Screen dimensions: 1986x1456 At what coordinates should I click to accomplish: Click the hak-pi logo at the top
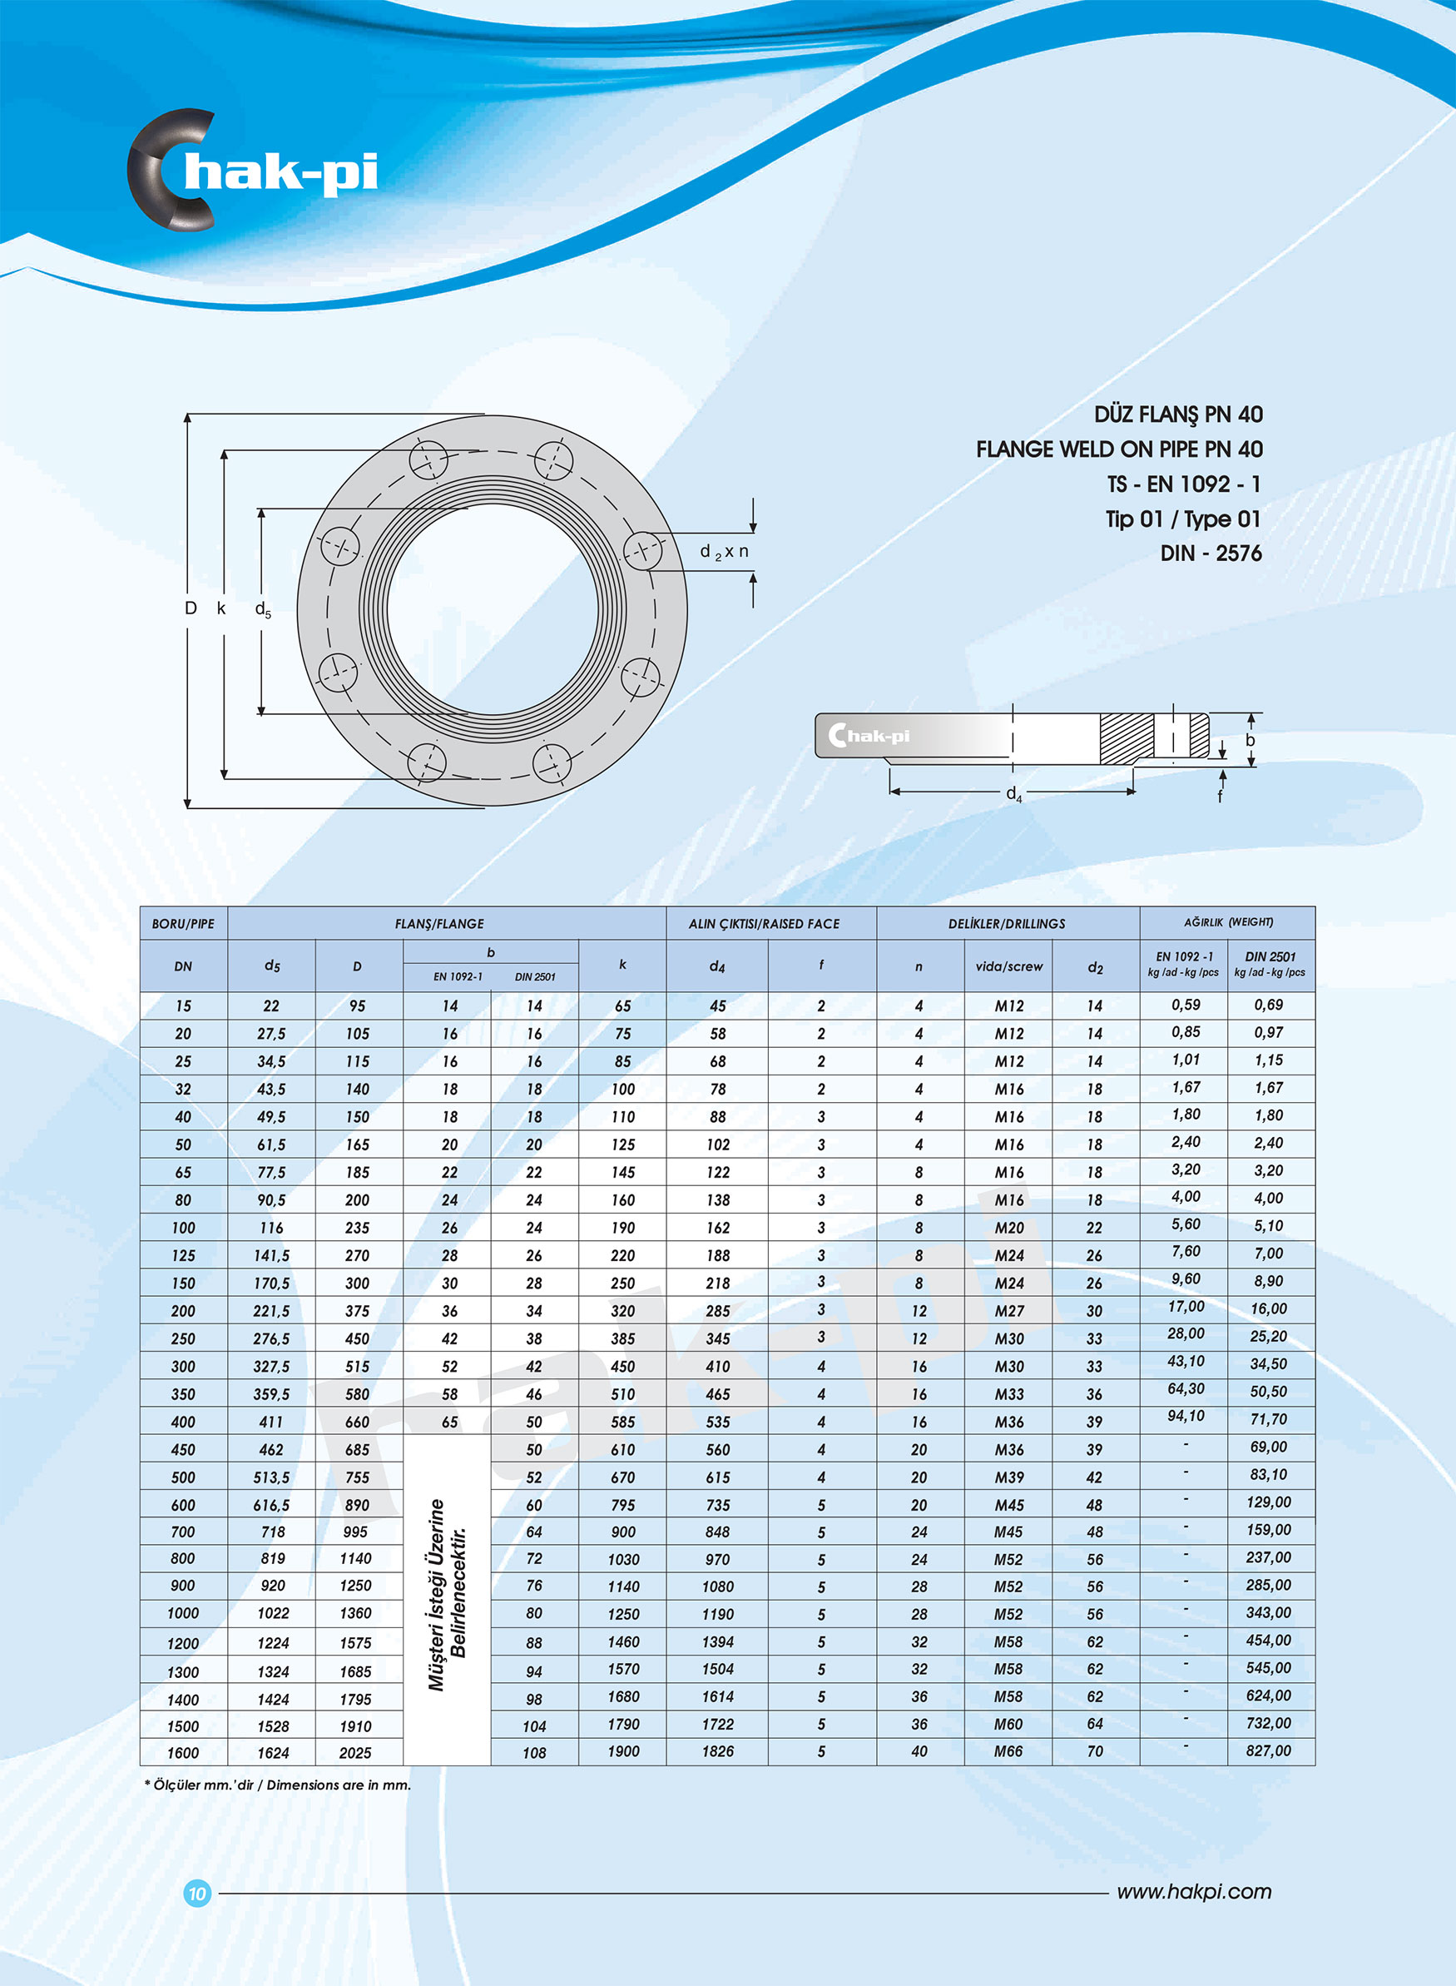[x=254, y=170]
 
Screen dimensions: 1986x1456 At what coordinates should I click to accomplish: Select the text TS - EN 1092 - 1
[x=1184, y=484]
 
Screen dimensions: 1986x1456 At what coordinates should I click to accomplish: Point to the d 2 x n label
[x=724, y=552]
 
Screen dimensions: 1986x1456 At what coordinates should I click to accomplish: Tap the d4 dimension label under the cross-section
[x=1013, y=793]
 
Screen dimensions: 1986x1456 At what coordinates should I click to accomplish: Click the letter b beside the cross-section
[x=1250, y=741]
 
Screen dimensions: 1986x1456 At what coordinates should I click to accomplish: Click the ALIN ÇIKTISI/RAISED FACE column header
[x=763, y=924]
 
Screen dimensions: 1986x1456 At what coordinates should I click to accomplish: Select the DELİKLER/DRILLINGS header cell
[x=1007, y=924]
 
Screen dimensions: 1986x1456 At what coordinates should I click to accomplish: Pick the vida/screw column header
[x=1008, y=966]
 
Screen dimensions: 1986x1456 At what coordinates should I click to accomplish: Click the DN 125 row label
[x=183, y=1255]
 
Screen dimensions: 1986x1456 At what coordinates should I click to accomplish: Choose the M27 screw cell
[x=1009, y=1311]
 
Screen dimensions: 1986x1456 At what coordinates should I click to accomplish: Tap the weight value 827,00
[x=1268, y=1750]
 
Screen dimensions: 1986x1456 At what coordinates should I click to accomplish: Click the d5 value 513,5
[x=271, y=1477]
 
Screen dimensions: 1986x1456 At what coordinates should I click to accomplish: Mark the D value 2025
[x=356, y=1753]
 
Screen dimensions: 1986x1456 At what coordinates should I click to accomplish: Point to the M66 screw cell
[x=1008, y=1751]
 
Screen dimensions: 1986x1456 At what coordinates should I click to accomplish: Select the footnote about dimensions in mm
[x=278, y=1785]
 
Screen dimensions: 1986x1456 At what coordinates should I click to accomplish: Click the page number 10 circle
[x=196, y=1893]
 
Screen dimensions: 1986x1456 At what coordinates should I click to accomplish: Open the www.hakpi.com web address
[x=1193, y=1892]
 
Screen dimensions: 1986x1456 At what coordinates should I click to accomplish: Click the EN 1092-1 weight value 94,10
[x=1186, y=1416]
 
